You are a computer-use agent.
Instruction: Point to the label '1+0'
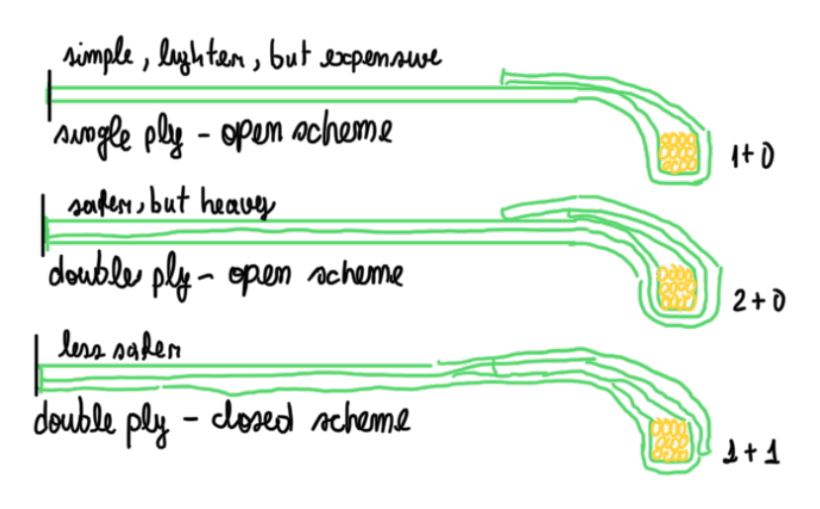tap(748, 156)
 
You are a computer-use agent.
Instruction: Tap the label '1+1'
tap(756, 452)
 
